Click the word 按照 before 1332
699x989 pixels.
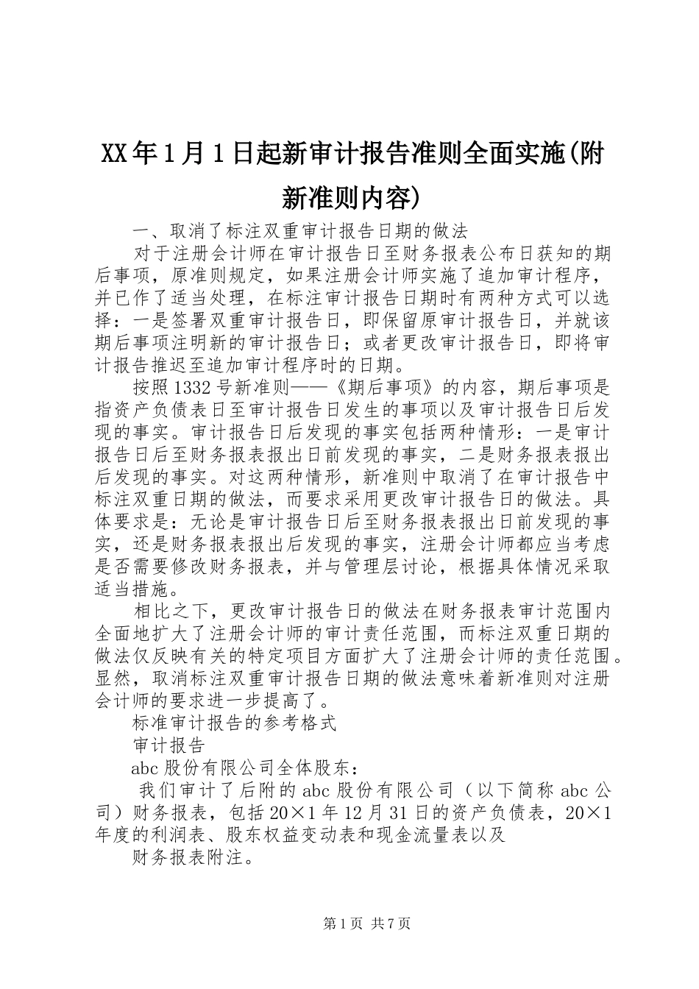pos(147,387)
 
